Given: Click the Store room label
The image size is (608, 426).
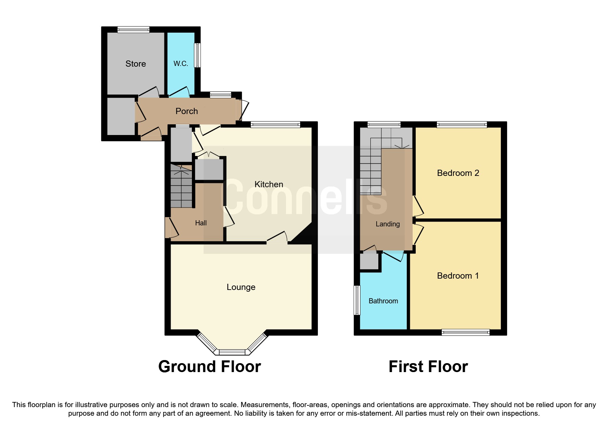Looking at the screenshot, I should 136,64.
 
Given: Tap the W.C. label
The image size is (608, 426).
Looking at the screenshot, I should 181,64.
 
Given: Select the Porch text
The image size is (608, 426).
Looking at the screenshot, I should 186,111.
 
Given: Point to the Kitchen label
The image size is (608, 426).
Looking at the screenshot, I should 269,184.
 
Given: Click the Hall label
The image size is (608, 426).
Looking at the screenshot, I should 201,223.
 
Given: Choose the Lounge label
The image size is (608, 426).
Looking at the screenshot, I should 241,287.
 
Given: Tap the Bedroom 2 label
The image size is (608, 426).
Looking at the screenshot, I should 458,173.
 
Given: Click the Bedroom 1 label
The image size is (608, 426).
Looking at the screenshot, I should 458,276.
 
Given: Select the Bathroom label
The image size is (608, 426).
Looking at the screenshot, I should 383,301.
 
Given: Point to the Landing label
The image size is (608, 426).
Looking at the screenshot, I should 388,224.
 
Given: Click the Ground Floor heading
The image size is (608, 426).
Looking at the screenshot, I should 209,367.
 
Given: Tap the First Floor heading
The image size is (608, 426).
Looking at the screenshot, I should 428,367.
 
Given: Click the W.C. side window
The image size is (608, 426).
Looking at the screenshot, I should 197,55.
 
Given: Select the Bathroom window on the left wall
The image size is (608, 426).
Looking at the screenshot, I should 357,300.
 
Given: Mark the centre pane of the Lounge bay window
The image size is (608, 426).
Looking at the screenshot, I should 232,352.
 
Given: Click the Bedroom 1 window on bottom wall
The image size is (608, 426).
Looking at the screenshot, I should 465,332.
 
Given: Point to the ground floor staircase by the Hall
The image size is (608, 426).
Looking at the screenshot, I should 181,187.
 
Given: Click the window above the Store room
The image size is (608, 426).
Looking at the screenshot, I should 133,30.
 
